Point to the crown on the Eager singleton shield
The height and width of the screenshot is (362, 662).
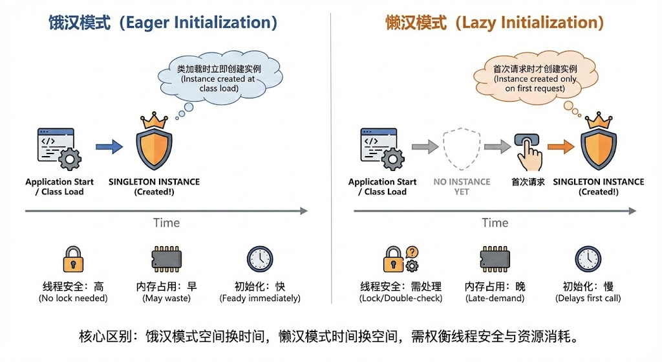pos(154,120)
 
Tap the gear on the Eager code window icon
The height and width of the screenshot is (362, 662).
pos(69,159)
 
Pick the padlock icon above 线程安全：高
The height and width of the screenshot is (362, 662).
pos(73,259)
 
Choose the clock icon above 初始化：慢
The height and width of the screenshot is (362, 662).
pos(588,259)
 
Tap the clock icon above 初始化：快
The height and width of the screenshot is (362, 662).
pos(260,259)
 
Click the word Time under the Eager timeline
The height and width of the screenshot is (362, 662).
pos(166,223)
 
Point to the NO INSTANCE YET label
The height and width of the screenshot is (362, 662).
pos(462,187)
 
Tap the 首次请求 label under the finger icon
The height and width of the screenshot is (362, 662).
pos(528,182)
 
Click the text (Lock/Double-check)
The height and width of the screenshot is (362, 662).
pos(400,299)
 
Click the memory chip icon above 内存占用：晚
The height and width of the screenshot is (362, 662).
pos(495,259)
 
